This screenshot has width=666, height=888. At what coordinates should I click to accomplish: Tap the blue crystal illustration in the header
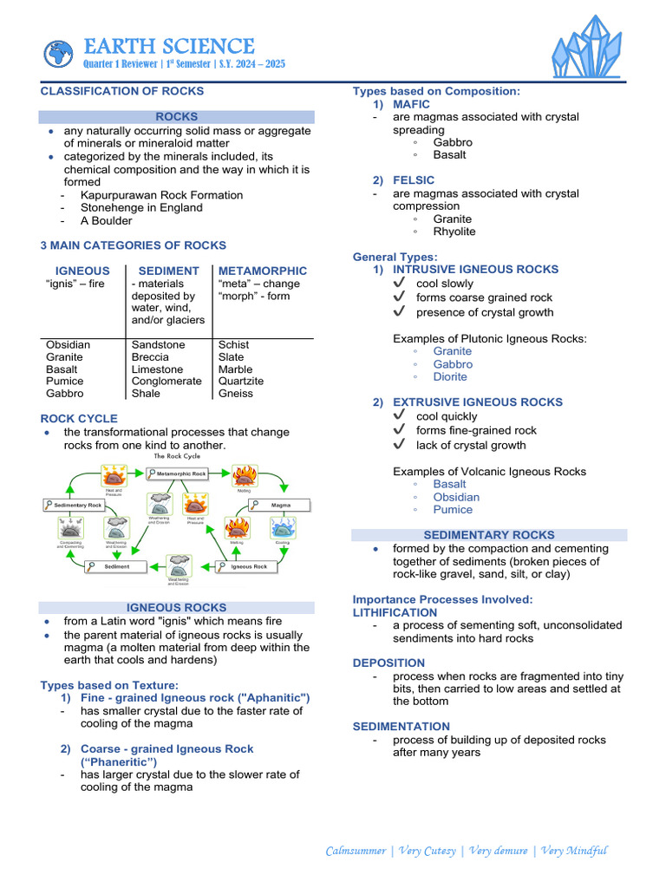[x=587, y=48]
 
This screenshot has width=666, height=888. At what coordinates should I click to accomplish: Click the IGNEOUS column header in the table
[x=82, y=271]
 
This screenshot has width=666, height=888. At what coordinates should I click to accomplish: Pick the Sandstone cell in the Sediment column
[x=158, y=345]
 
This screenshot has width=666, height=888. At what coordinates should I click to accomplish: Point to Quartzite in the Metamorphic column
[x=241, y=382]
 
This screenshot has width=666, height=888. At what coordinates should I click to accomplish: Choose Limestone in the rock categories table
[x=157, y=369]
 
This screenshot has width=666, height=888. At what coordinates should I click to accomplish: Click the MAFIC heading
[x=412, y=104]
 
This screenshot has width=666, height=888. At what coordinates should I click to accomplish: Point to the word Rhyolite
[x=454, y=232]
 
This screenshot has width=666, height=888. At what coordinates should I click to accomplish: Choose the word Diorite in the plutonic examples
[x=450, y=377]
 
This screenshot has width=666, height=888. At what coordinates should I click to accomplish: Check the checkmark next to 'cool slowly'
[x=399, y=284]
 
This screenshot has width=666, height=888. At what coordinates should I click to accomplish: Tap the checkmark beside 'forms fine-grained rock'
[x=399, y=430]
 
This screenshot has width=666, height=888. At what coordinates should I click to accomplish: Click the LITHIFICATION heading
[x=395, y=612]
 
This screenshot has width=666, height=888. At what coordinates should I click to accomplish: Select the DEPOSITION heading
[x=388, y=663]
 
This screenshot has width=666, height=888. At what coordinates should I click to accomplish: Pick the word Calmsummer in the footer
[x=356, y=851]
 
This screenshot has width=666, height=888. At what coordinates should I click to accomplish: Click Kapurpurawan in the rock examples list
[x=119, y=195]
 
